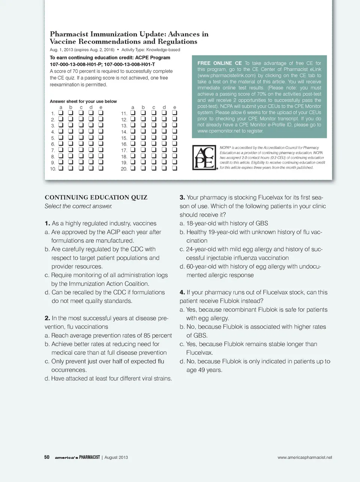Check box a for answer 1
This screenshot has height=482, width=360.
(61, 113)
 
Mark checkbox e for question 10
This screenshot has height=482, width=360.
(100, 168)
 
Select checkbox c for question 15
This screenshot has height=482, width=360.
(153, 137)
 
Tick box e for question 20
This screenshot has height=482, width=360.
(174, 168)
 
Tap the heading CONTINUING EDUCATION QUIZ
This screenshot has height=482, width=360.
(96, 197)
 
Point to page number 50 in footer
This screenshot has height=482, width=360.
(47, 457)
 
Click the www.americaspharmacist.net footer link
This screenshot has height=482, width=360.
(304, 457)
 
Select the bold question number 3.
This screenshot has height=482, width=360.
(182, 197)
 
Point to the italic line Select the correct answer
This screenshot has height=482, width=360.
(78, 206)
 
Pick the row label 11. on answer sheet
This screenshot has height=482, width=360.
(124, 113)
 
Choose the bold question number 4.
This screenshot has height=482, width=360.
(182, 292)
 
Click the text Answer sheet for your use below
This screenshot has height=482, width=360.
(83, 101)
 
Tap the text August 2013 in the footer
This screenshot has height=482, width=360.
(116, 457)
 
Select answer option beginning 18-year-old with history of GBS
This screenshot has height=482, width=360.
(227, 223)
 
